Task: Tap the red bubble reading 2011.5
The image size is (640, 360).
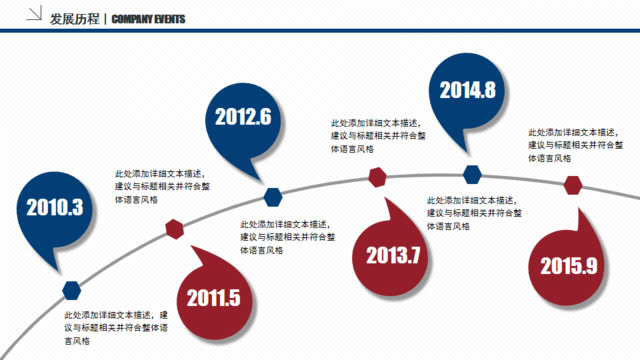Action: click(213, 297)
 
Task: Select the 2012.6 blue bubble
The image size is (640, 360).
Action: click(243, 116)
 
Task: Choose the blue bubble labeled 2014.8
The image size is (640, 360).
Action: click(467, 89)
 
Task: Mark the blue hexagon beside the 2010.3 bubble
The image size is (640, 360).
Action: click(71, 290)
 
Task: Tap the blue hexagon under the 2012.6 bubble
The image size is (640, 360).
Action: click(273, 195)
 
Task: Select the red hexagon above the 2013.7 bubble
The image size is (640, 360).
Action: click(377, 178)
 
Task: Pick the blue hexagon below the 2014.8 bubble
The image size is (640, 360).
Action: click(471, 174)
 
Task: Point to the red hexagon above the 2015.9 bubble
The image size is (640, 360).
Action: click(573, 185)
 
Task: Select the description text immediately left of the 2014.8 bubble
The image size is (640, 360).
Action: click(377, 134)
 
